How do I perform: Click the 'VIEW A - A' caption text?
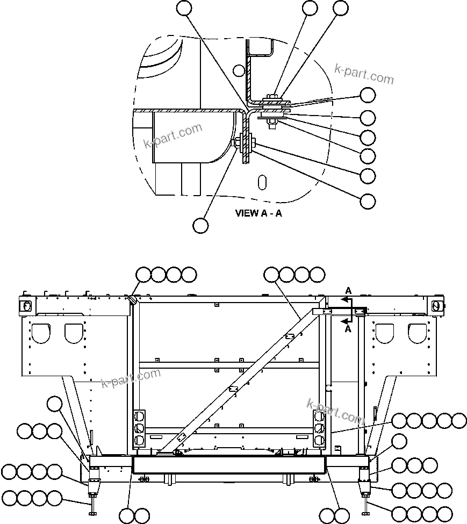click(x=258, y=213)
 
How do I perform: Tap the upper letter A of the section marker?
click(x=348, y=291)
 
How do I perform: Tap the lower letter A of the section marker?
click(x=348, y=329)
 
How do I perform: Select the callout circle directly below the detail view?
click(x=200, y=225)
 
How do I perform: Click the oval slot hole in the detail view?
click(x=262, y=182)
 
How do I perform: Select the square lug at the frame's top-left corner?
click(x=25, y=305)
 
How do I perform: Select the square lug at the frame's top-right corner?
click(x=436, y=305)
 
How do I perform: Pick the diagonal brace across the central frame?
click(x=236, y=382)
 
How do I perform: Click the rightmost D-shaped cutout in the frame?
click(x=417, y=333)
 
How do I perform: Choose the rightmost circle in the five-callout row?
click(x=459, y=420)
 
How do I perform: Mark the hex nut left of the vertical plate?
click(x=237, y=143)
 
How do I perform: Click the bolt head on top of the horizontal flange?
click(x=272, y=97)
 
